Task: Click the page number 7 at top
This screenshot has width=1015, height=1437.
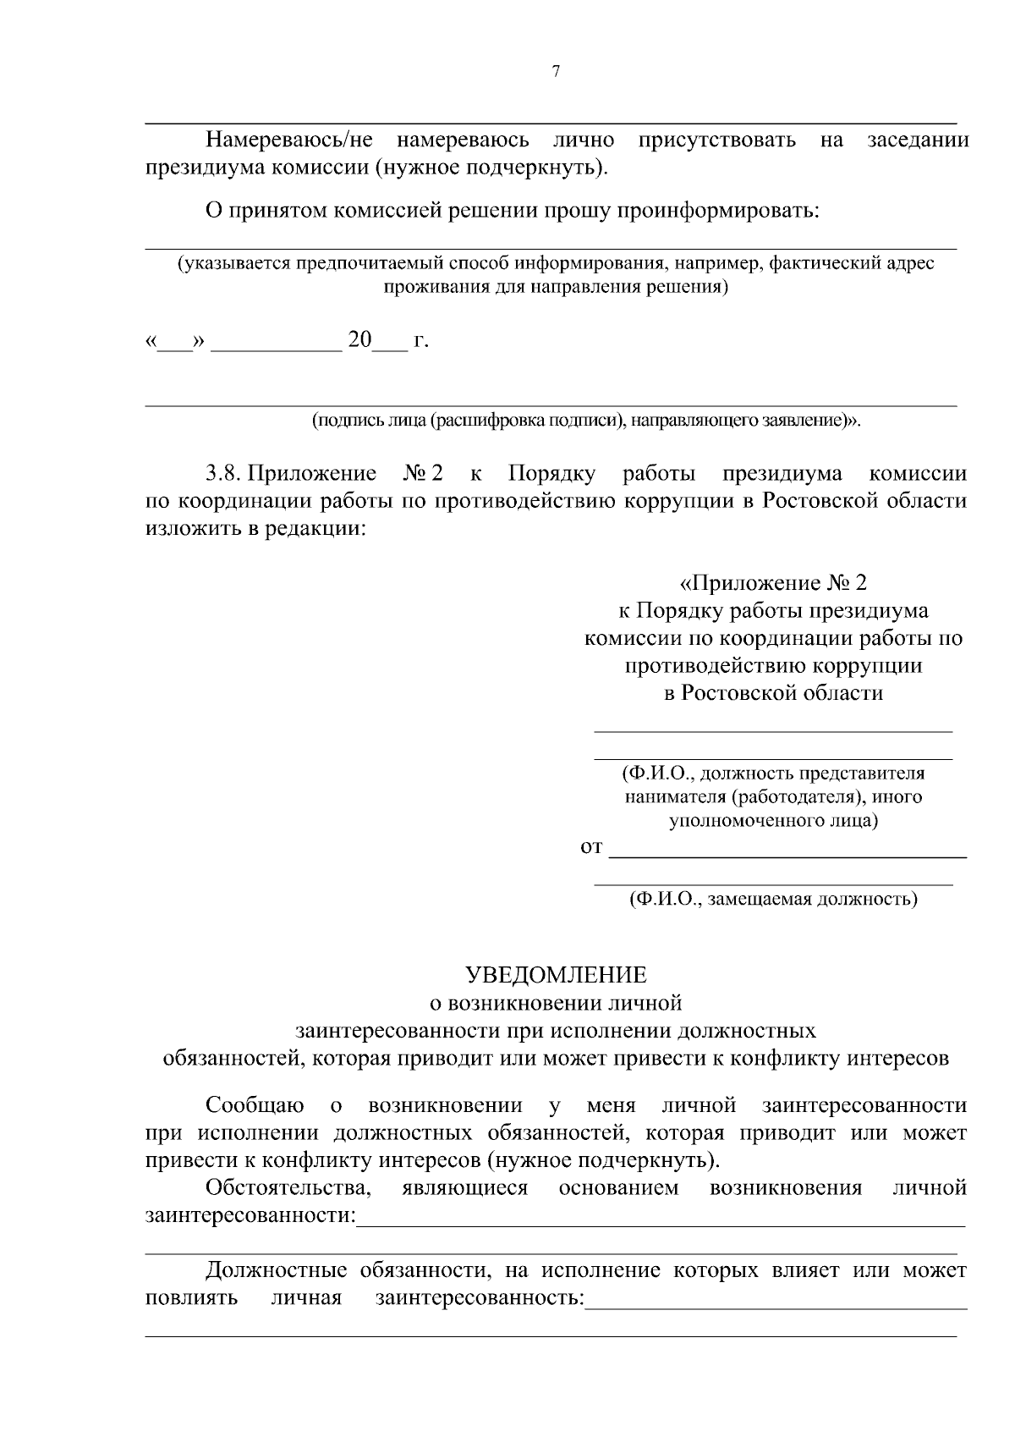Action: click(556, 72)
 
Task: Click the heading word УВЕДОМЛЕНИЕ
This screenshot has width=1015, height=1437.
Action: click(557, 975)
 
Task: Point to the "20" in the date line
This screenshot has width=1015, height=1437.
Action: click(359, 340)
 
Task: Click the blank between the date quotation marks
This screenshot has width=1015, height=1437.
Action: click(176, 343)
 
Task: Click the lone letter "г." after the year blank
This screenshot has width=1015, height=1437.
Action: click(420, 341)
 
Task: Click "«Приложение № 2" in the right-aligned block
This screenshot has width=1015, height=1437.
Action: click(773, 583)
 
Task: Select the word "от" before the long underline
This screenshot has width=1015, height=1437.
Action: click(591, 846)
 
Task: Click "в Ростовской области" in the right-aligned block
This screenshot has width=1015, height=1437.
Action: click(773, 693)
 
